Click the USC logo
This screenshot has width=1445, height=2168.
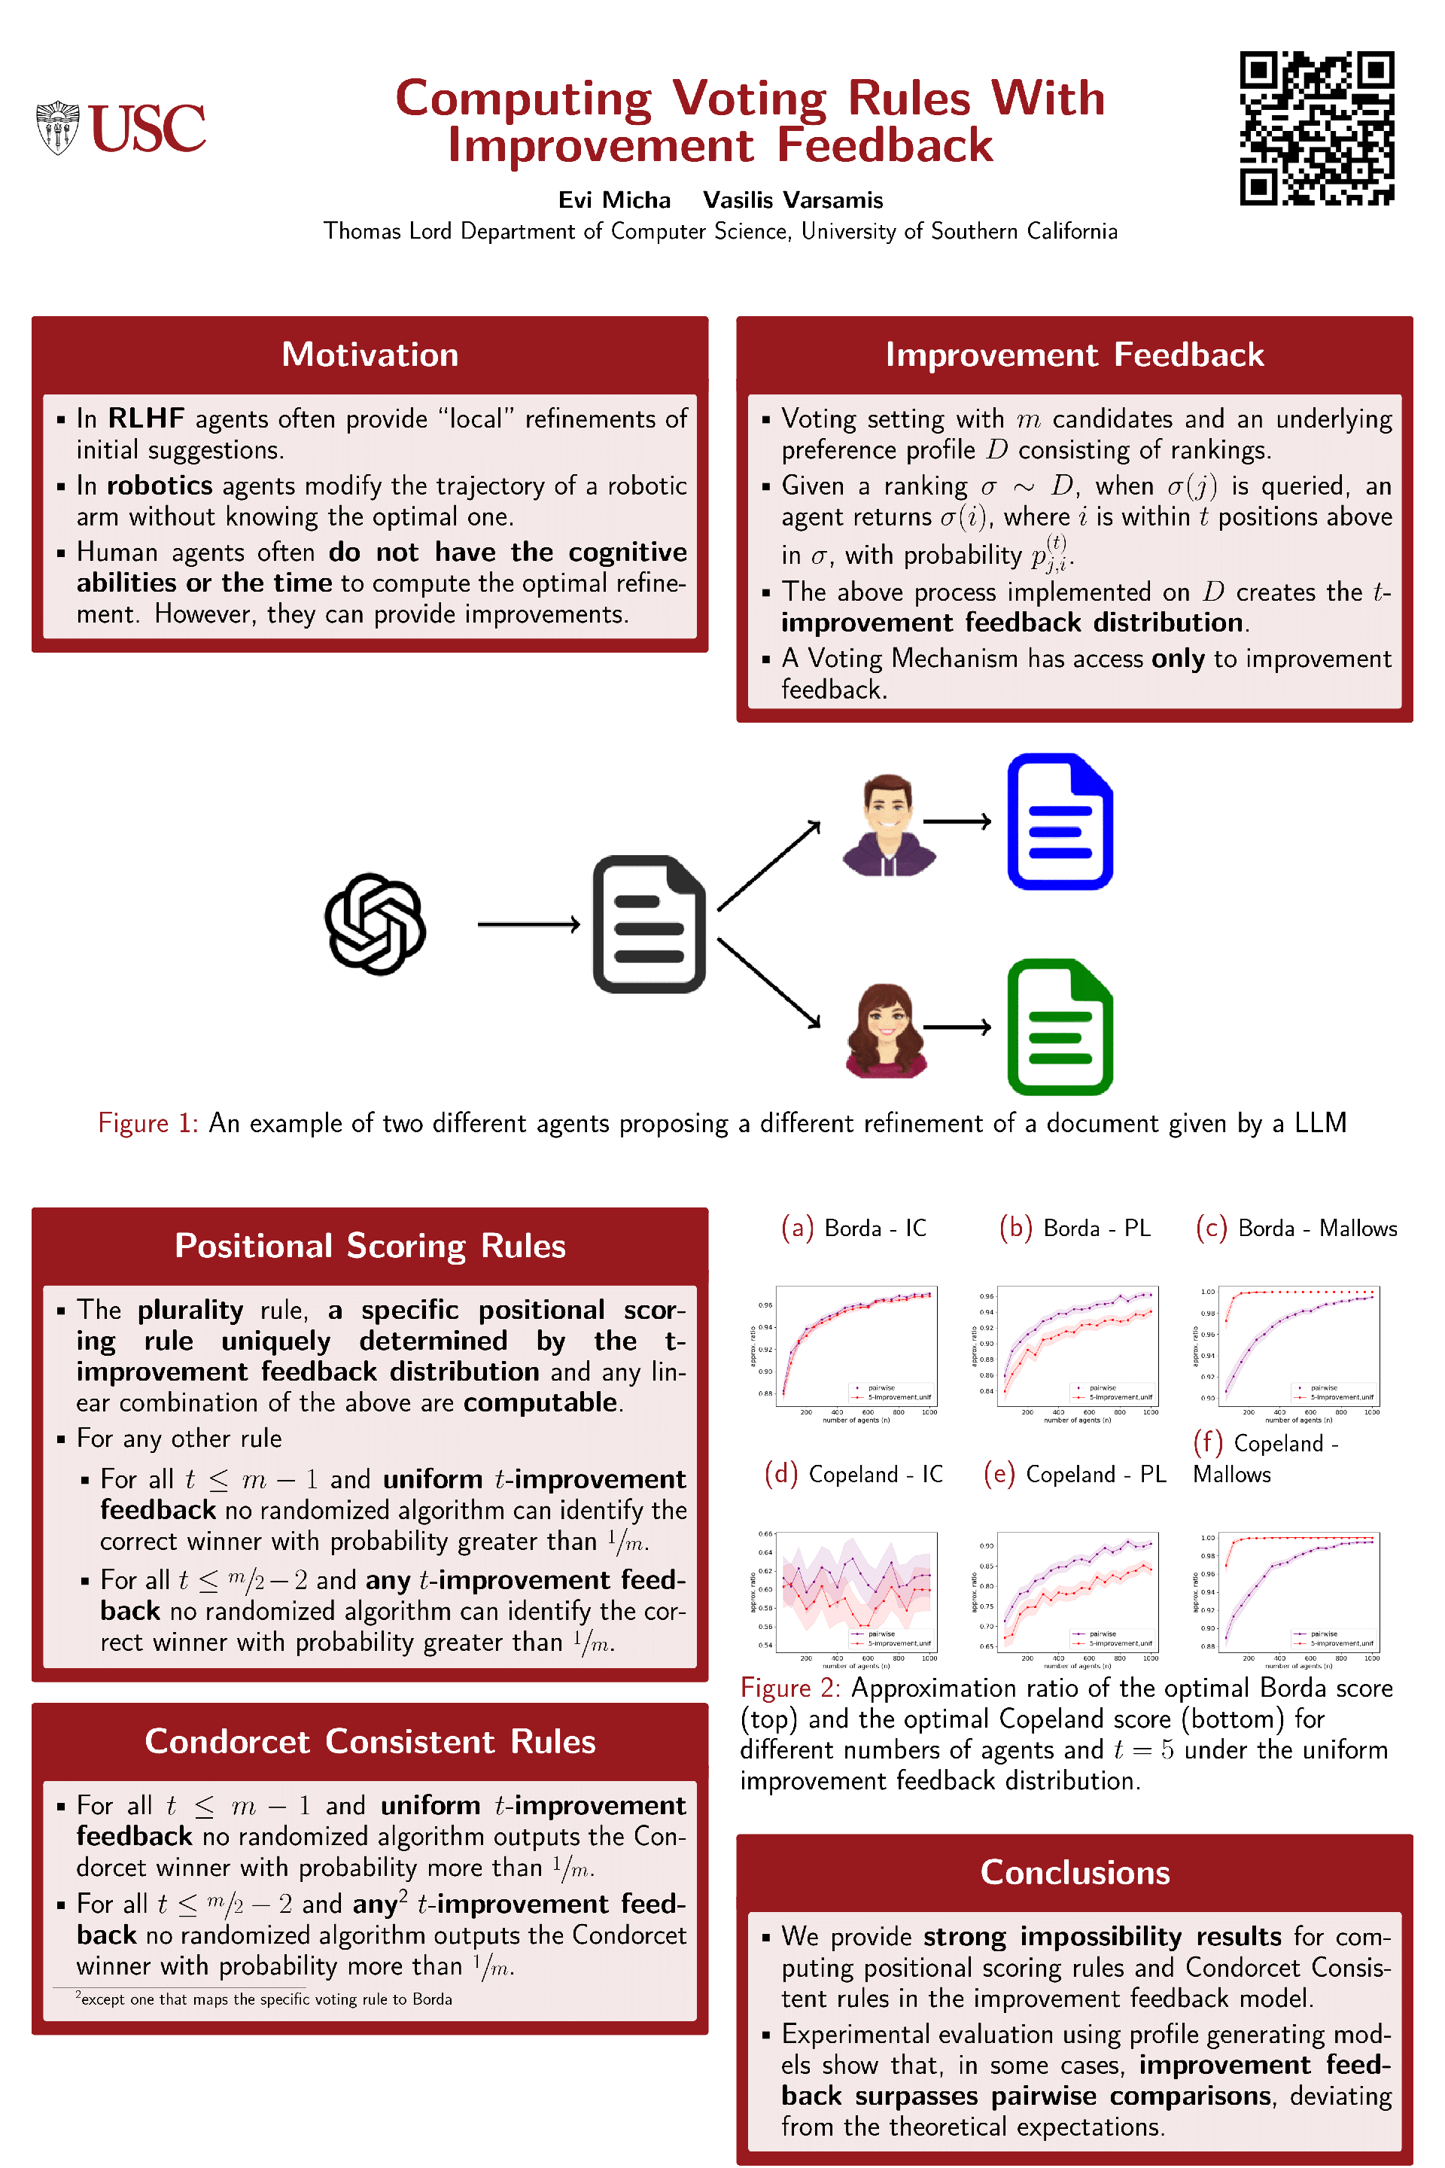120,127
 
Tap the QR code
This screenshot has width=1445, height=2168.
1316,127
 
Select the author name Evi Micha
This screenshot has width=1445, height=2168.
614,200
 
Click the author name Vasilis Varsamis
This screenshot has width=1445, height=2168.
792,200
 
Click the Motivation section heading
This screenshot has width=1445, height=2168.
370,355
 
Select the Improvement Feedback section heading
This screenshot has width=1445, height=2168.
1074,355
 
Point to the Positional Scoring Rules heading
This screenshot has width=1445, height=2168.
370,1245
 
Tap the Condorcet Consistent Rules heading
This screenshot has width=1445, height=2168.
370,1741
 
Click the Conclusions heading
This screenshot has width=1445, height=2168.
1074,1872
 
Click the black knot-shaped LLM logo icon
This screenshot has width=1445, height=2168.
375,924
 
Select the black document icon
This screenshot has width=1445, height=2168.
649,924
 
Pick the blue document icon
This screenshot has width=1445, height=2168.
1060,821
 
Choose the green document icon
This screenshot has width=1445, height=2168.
1060,1027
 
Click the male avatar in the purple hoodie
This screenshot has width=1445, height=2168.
888,824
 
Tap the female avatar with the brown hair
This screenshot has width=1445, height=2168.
886,1030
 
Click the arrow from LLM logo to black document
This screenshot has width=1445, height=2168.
529,924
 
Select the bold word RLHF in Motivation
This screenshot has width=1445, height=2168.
145,419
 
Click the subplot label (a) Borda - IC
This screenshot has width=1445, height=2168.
853,1228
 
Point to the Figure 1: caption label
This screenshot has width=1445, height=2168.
148,1122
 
